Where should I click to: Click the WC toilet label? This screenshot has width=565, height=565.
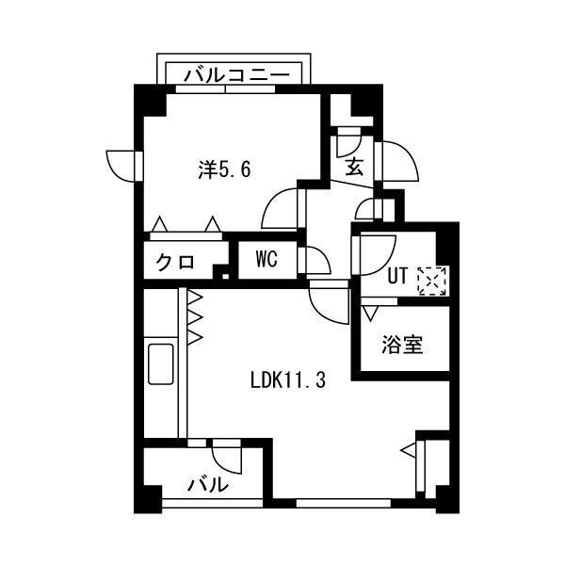click(266, 261)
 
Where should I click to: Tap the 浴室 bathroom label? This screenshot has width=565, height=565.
click(402, 345)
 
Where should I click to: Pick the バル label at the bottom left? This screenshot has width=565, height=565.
click(208, 486)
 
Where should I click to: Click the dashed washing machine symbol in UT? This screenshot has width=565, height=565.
click(432, 281)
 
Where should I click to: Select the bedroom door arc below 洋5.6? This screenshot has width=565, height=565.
click(279, 207)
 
